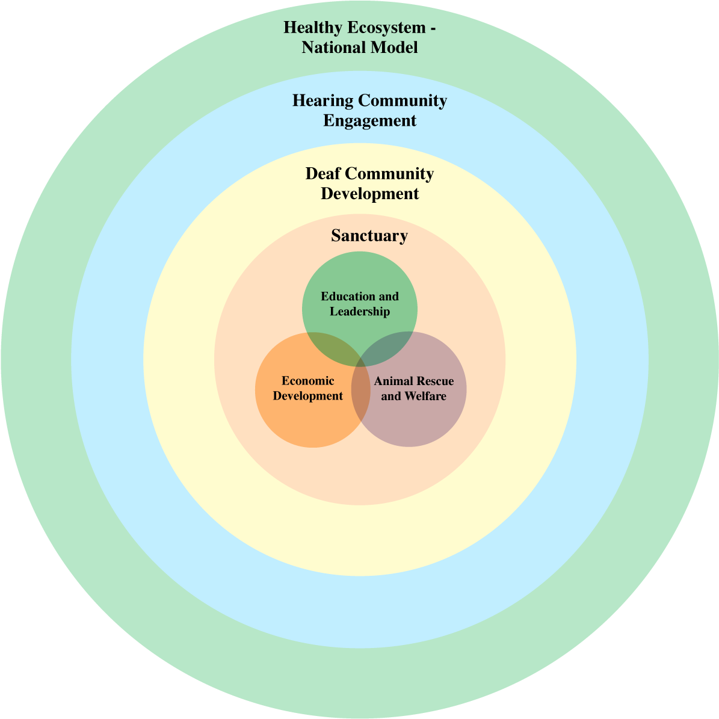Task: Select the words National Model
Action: tap(360, 48)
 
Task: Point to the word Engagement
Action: tap(369, 120)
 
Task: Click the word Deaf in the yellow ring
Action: tap(323, 174)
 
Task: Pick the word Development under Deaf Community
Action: tap(369, 194)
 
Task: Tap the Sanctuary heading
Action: tap(369, 236)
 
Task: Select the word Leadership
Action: tap(360, 312)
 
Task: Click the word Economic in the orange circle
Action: tap(308, 381)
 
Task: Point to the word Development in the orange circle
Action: tap(308, 396)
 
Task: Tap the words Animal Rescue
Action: tap(414, 381)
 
